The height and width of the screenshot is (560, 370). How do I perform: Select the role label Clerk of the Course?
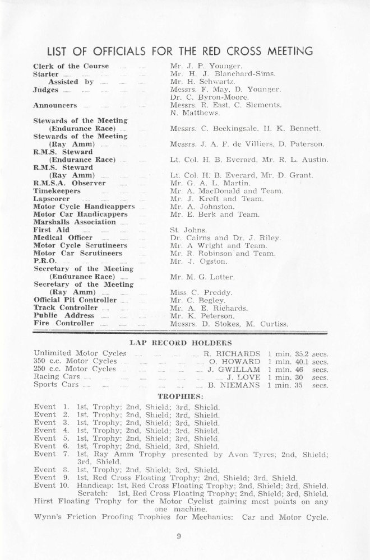pos(71,66)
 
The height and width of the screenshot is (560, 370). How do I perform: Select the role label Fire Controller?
pos(63,324)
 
